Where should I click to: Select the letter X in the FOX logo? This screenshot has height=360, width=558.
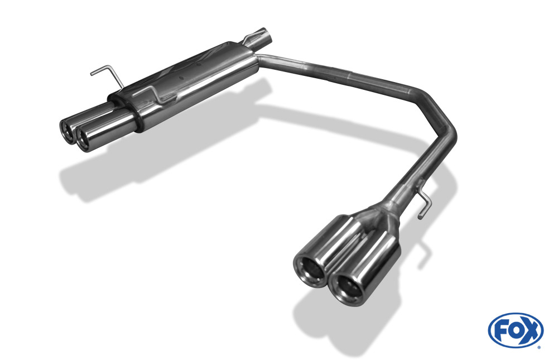point(531,331)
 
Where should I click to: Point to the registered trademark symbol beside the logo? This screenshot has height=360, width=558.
point(539,347)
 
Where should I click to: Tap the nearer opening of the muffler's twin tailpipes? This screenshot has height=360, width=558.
point(84,140)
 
